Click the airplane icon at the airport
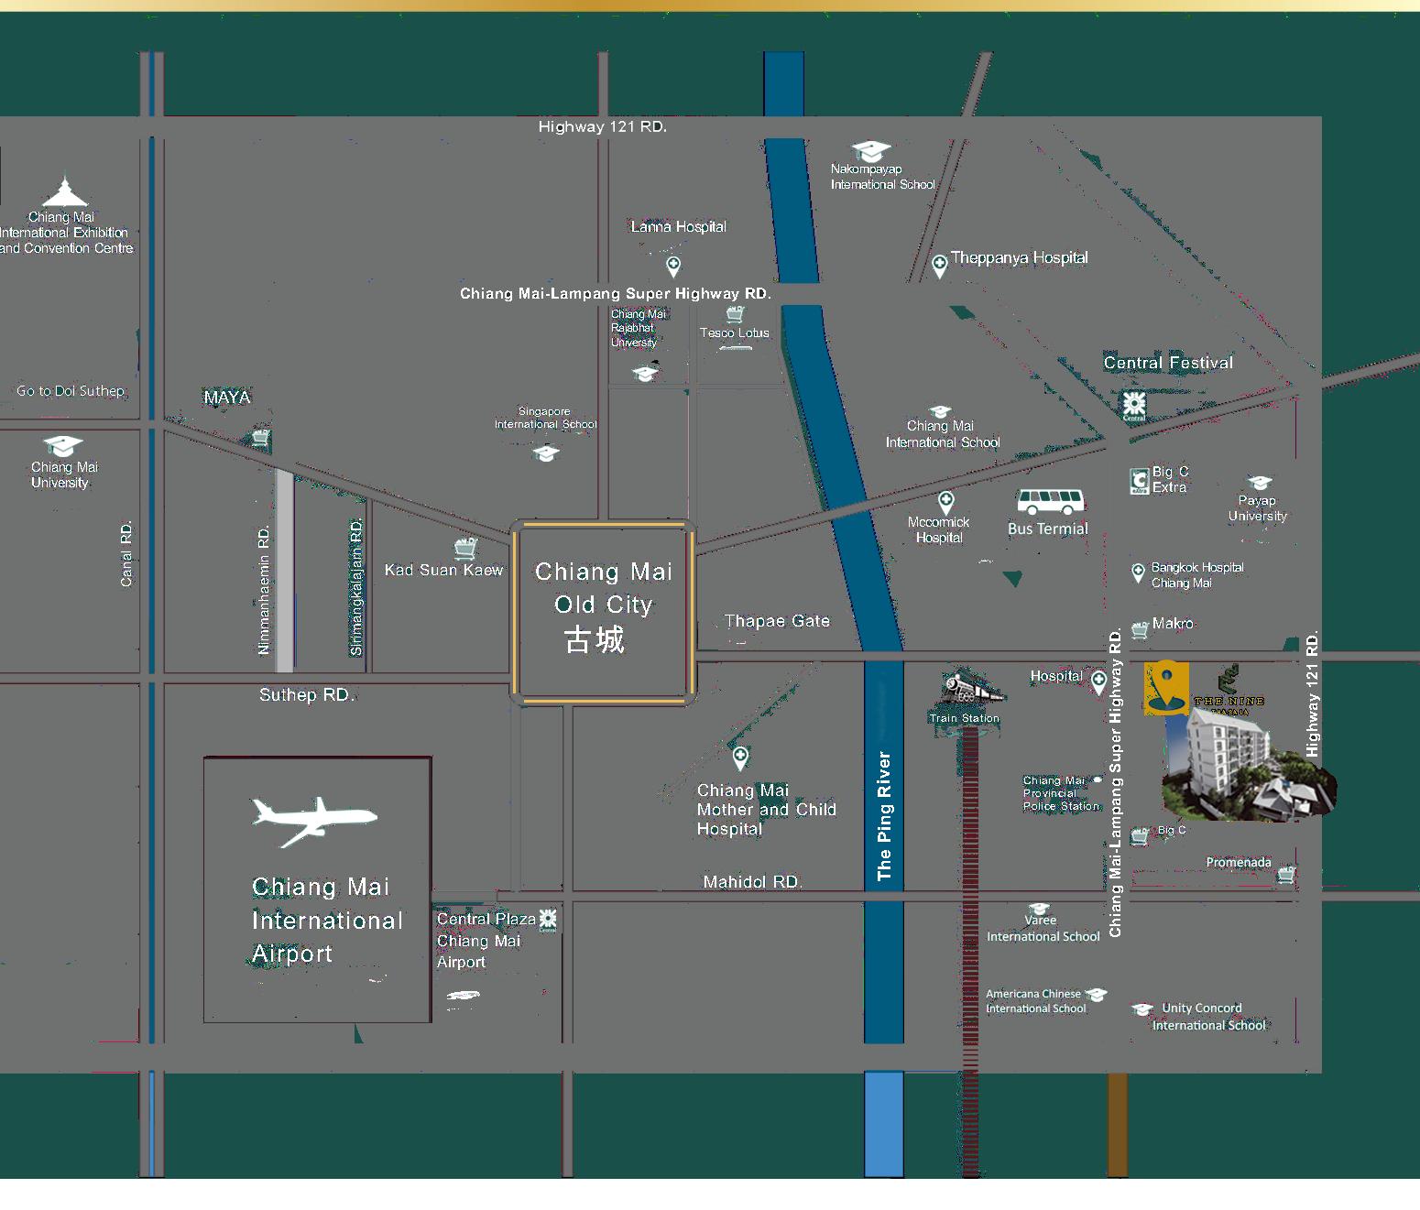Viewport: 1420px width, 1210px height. [313, 820]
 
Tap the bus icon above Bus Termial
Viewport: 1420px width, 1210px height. [1050, 502]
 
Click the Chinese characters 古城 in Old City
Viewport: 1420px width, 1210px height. [595, 639]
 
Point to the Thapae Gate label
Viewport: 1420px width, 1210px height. [777, 621]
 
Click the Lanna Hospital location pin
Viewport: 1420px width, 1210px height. [673, 266]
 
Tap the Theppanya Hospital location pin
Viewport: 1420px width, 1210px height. [939, 266]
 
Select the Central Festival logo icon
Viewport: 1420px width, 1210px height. [1134, 404]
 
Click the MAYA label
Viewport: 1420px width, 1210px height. [226, 398]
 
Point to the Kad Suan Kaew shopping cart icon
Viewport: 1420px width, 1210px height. [465, 548]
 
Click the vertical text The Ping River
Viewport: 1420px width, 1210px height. [884, 816]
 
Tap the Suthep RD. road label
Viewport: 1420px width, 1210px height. [306, 695]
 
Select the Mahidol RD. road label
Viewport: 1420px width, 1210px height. [752, 882]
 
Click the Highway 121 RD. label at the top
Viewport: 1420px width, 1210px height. [602, 126]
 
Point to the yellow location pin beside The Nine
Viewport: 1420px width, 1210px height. [1166, 686]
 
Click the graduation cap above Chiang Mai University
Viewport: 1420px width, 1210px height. [62, 446]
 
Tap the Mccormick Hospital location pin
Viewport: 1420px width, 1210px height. [945, 501]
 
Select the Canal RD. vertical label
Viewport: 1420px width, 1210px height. [126, 554]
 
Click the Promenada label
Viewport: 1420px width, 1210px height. [1238, 863]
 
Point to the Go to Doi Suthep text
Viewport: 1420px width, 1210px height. [71, 391]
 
